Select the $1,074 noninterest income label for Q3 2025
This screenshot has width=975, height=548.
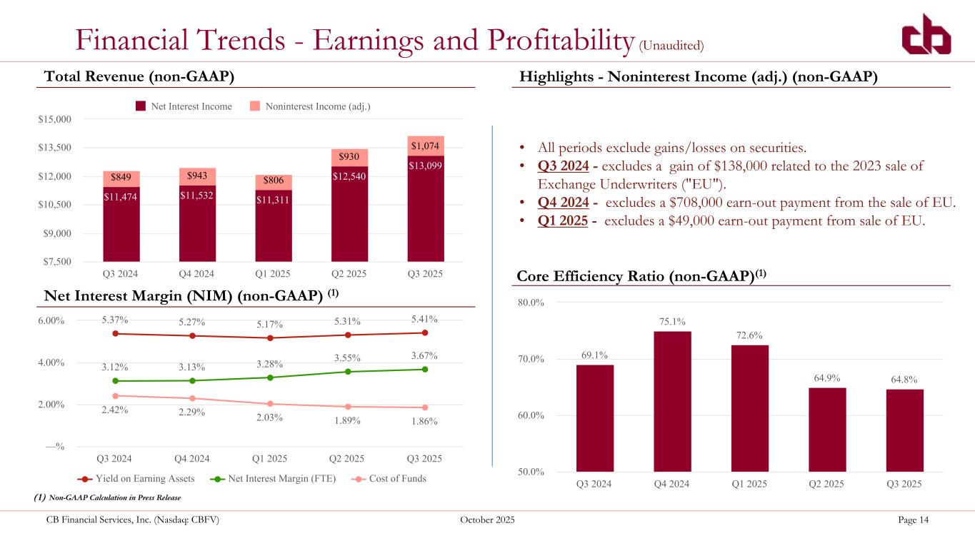pyautogui.click(x=426, y=146)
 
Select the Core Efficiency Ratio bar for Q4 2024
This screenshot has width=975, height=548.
pyautogui.click(x=672, y=401)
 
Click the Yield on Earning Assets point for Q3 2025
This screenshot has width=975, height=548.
pyautogui.click(x=425, y=333)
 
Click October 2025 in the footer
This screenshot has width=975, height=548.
pyautogui.click(x=487, y=519)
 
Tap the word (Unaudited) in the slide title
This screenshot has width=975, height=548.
pyautogui.click(x=671, y=45)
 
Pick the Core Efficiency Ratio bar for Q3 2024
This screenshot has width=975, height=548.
pyautogui.click(x=594, y=418)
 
